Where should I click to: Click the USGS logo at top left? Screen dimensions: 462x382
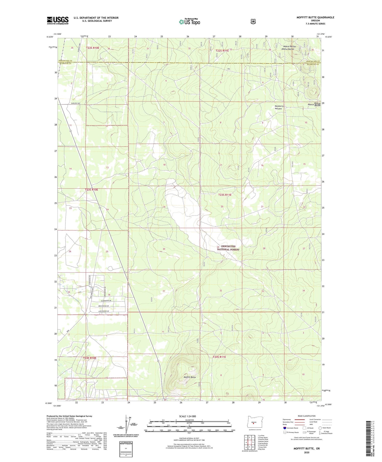pos(58,20)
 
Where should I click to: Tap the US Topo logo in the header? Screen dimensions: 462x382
pos(189,22)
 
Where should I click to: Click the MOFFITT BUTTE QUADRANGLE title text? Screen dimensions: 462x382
pos(315,17)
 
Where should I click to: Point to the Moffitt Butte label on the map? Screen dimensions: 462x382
pos(190,377)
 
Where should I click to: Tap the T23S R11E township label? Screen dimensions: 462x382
pos(225,195)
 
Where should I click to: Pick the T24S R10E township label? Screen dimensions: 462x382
pos(90,358)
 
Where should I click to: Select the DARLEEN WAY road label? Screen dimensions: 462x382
pos(75,103)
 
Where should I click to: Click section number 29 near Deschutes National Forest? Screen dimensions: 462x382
pos(218,247)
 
